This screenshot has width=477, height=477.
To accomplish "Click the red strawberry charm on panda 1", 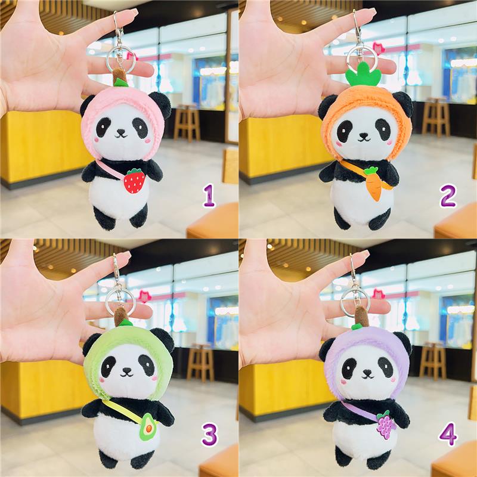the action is point(134,181).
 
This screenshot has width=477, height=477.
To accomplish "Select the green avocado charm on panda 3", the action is point(147,427).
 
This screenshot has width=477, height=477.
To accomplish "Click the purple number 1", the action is point(209,196).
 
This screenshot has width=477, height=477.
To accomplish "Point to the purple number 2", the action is point(448,196).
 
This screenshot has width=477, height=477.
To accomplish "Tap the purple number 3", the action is point(209,435).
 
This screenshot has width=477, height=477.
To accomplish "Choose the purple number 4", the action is point(448,434).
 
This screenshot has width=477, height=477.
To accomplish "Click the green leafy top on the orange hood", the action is point(363,76).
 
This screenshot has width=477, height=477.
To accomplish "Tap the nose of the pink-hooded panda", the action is point(121,132).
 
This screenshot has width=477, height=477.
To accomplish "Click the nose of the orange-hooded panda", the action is point(363,135).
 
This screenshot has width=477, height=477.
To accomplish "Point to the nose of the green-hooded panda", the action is point(126,370).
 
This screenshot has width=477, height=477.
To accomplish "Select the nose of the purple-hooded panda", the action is point(367,372).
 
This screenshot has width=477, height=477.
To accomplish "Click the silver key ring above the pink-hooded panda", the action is point(121,60).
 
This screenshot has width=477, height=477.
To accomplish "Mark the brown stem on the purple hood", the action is point(362,316).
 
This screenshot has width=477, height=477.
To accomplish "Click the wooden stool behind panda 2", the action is point(435,119).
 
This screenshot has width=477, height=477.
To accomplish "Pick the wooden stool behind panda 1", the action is point(187,123).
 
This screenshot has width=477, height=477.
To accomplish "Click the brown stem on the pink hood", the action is point(119,78).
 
